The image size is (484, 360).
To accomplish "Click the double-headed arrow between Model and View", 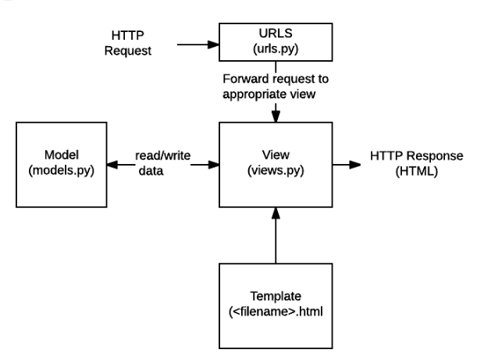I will (x=161, y=166).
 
